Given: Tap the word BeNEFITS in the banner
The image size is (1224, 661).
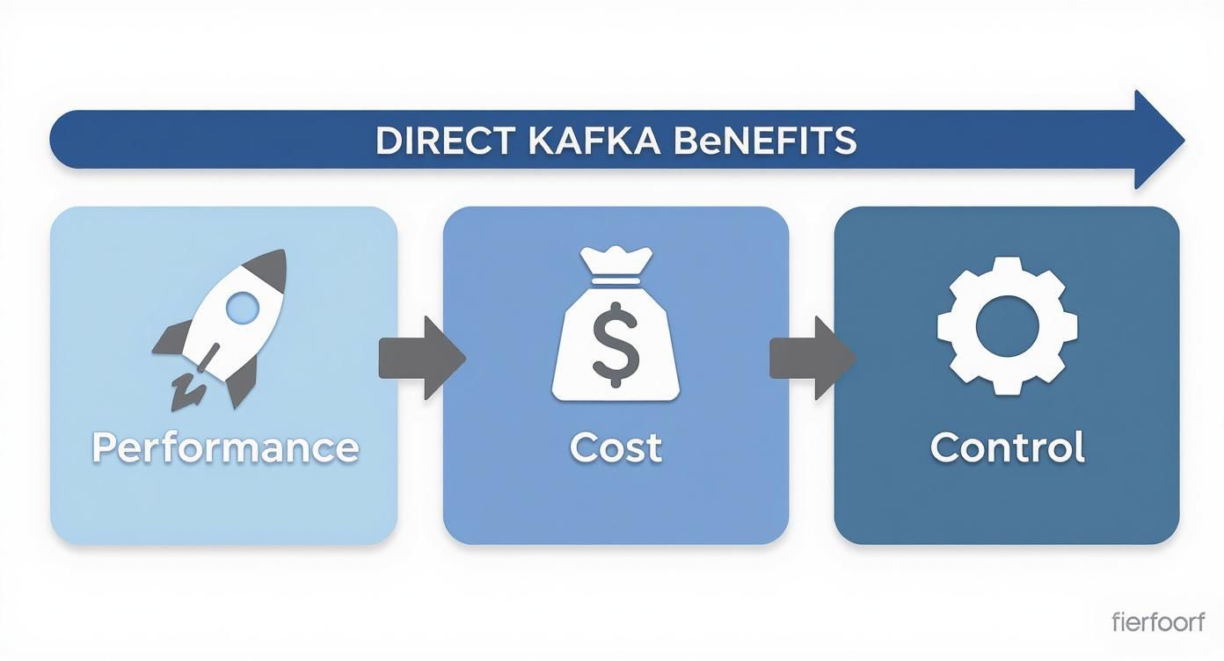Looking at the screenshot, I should point(762,141).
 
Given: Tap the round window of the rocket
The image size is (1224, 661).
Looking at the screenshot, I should point(243,307).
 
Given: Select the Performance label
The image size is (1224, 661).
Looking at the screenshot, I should point(225,447).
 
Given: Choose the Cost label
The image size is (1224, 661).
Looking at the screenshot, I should point(616,447).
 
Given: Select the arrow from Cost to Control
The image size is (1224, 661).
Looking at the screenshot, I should point(811,359).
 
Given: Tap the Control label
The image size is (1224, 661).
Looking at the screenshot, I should point(1007,447).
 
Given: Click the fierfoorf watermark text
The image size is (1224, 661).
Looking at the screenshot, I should point(1158,622).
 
